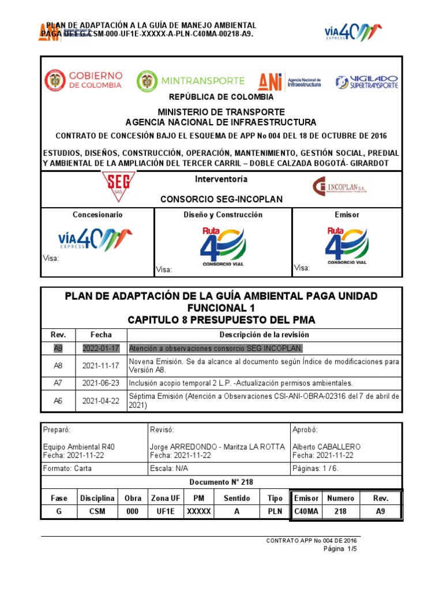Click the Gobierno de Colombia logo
(x=84, y=80)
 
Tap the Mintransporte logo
(x=191, y=81)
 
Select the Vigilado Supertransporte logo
(x=367, y=81)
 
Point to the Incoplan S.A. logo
(x=339, y=186)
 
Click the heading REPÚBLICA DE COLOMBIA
(x=221, y=97)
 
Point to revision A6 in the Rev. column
(x=58, y=400)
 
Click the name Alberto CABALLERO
(x=326, y=447)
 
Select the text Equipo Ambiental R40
(x=74, y=447)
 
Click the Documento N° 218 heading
(x=221, y=482)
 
